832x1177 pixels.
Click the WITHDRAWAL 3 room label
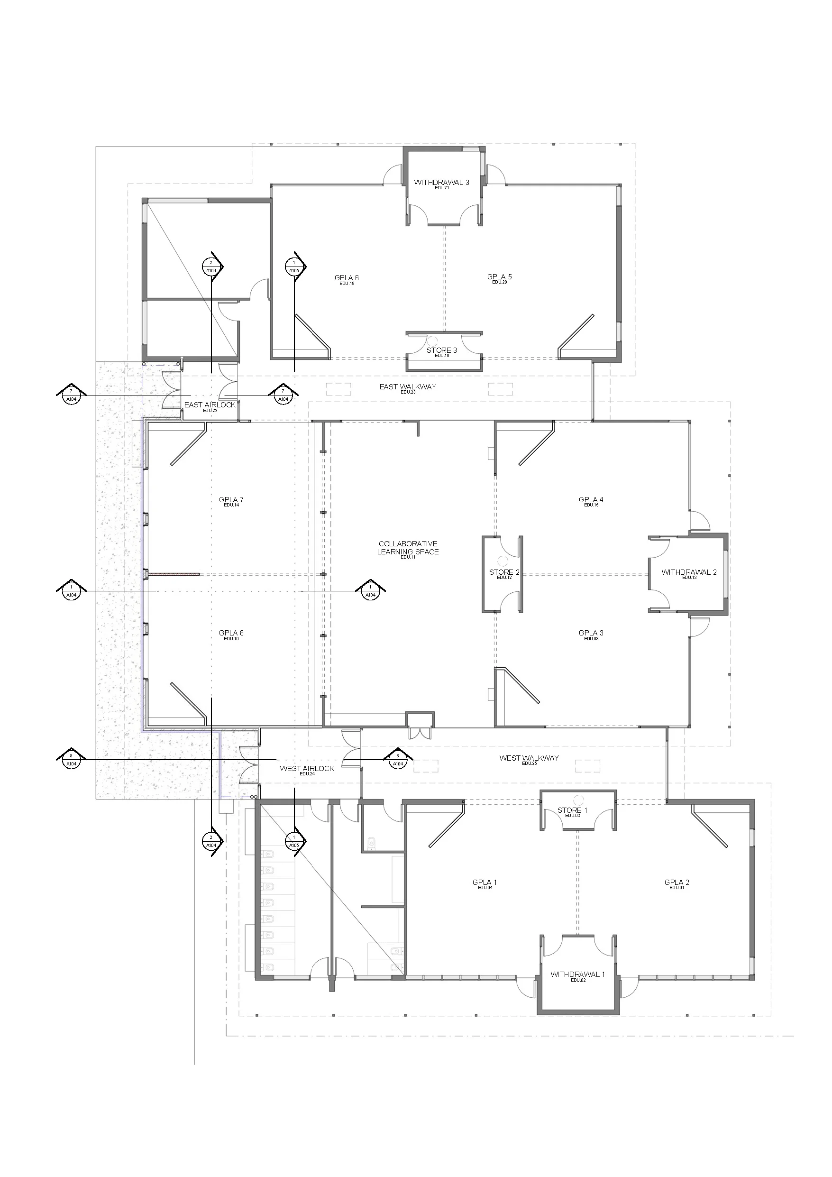pos(441,183)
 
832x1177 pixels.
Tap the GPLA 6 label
pos(347,278)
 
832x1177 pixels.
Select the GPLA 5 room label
pos(499,277)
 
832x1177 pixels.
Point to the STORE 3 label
pos(441,350)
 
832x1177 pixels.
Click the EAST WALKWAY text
pos(408,386)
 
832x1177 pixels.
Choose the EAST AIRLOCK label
pos(210,405)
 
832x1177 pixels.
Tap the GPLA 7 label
pos(231,500)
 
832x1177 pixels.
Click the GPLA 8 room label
pos(231,633)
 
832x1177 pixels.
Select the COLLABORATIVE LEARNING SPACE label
pos(408,548)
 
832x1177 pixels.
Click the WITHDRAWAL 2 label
pos(689,572)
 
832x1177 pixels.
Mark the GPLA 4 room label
pos(591,500)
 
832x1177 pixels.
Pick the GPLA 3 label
pos(591,633)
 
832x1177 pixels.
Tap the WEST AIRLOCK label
pos(307,768)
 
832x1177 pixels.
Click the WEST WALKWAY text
pos(529,758)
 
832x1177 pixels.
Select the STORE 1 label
pos(572,810)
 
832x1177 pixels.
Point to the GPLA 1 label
pos(485,882)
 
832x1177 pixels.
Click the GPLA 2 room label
pos(677,882)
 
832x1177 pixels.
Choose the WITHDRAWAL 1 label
pos(578,975)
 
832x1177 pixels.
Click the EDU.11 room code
pos(408,557)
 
